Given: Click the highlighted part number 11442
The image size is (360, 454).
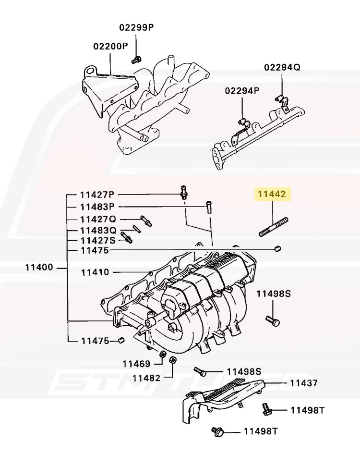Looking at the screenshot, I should click(x=272, y=195).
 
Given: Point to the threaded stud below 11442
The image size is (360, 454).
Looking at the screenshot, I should click(x=274, y=227).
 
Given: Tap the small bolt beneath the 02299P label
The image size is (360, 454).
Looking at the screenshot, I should click(x=136, y=60).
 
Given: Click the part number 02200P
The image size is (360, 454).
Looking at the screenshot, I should click(x=110, y=46).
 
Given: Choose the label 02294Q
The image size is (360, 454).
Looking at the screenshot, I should click(x=282, y=67).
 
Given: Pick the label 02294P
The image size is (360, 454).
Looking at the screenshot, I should click(x=242, y=90).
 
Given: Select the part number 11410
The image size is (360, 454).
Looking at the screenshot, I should click(x=95, y=272).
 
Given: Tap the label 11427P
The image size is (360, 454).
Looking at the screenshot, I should click(x=97, y=195).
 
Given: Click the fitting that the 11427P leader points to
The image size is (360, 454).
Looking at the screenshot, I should click(x=183, y=192).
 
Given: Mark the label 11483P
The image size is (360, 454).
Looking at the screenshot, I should click(x=97, y=207).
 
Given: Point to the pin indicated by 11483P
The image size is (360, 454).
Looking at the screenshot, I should click(x=209, y=207).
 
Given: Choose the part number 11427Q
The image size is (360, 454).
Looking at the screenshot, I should click(x=98, y=219).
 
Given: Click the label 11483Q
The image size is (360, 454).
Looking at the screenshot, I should click(x=98, y=230).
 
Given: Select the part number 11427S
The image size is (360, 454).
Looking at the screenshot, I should click(x=97, y=240).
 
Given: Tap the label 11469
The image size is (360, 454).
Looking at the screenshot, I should click(x=136, y=364).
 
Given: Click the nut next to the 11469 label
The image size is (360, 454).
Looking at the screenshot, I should click(x=162, y=356).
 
